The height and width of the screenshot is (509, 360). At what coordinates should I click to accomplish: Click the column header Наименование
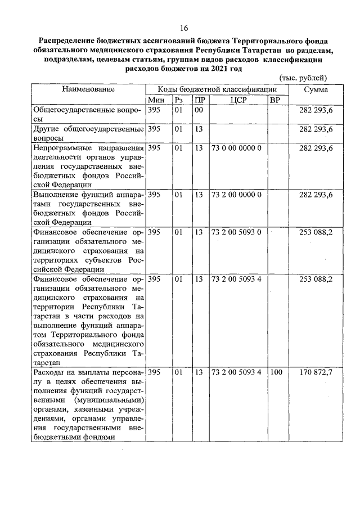[88, 89]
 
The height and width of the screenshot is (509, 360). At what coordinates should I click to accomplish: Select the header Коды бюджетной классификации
[217, 89]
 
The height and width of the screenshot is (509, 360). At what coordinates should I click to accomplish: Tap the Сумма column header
[316, 89]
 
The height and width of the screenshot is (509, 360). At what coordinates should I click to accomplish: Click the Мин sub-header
[155, 100]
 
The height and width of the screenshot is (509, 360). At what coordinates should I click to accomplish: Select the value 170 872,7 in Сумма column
[316, 372]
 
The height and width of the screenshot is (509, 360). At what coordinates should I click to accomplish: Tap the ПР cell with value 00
[198, 111]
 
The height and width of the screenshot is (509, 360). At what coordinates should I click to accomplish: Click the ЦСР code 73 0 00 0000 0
[236, 148]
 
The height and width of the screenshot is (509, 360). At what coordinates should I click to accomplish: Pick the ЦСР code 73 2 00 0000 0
[236, 195]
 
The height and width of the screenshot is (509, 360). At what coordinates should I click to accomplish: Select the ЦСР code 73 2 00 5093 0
[236, 232]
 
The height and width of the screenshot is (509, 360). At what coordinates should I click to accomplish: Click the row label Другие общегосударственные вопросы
[88, 133]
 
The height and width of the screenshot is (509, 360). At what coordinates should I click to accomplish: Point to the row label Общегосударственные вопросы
[88, 115]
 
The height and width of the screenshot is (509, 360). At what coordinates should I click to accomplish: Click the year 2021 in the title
[218, 69]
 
